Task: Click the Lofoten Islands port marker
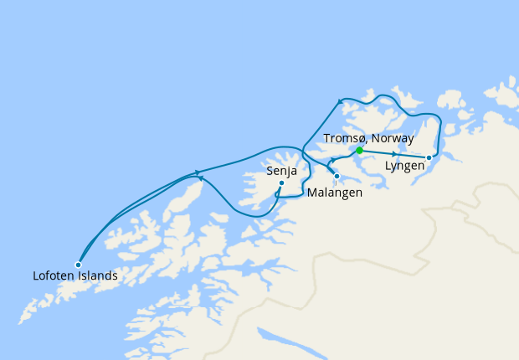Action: tap(78, 265)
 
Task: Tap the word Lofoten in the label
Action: tap(55, 275)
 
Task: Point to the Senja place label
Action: tap(281, 171)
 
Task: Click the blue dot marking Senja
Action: tap(281, 183)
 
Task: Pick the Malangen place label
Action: tap(335, 193)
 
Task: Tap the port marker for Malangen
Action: tap(337, 176)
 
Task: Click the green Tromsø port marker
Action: tap(359, 151)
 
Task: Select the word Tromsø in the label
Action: tap(344, 137)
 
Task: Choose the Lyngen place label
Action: tap(404, 167)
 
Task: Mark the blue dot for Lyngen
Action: tap(429, 157)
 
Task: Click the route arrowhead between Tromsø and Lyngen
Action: tap(393, 154)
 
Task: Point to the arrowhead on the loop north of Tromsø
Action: tap(341, 101)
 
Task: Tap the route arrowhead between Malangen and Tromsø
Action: tap(331, 161)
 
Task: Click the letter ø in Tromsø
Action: tap(360, 137)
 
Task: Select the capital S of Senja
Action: tap(270, 171)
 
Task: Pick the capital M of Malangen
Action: tap(312, 193)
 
